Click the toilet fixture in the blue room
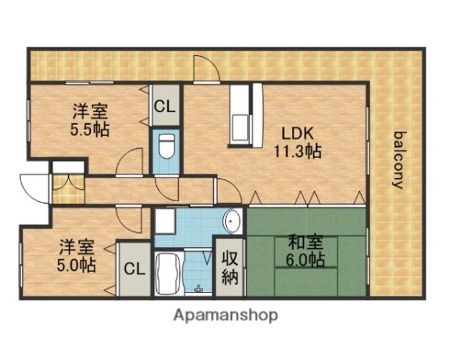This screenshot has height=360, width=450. [x=166, y=146]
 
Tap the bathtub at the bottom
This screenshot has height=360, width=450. [x=166, y=274]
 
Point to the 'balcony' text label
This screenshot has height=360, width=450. [x=397, y=159]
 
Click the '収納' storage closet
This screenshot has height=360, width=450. [x=231, y=267]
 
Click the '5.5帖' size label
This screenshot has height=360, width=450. [x=89, y=129]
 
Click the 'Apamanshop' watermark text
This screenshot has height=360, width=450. [x=225, y=316]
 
